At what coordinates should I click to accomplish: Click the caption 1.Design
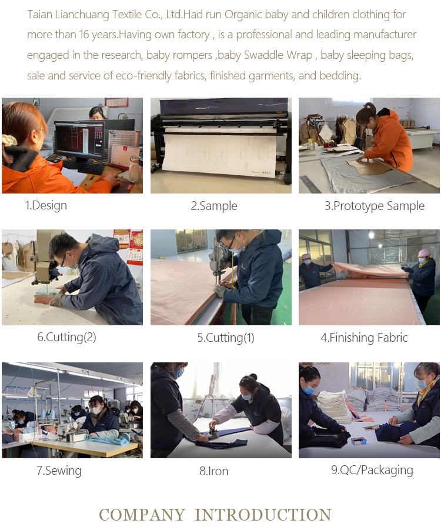[46, 205]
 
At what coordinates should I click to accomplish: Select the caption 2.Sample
[214, 206]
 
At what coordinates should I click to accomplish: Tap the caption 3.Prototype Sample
[375, 206]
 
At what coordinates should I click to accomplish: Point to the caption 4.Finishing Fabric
[364, 337]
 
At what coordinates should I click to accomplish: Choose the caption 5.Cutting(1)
[226, 338]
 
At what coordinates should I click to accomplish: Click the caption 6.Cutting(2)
[66, 337]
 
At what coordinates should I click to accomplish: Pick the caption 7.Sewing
[59, 471]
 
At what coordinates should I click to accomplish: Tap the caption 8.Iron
[213, 471]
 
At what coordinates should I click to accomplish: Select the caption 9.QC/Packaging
[372, 470]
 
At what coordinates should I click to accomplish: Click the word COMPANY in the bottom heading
[142, 515]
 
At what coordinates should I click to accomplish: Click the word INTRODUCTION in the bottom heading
[263, 515]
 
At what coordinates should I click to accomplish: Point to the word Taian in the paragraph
[39, 15]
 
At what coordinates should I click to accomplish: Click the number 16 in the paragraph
[84, 35]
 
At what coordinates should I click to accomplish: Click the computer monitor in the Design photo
[80, 139]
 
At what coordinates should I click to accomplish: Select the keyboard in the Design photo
[83, 167]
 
